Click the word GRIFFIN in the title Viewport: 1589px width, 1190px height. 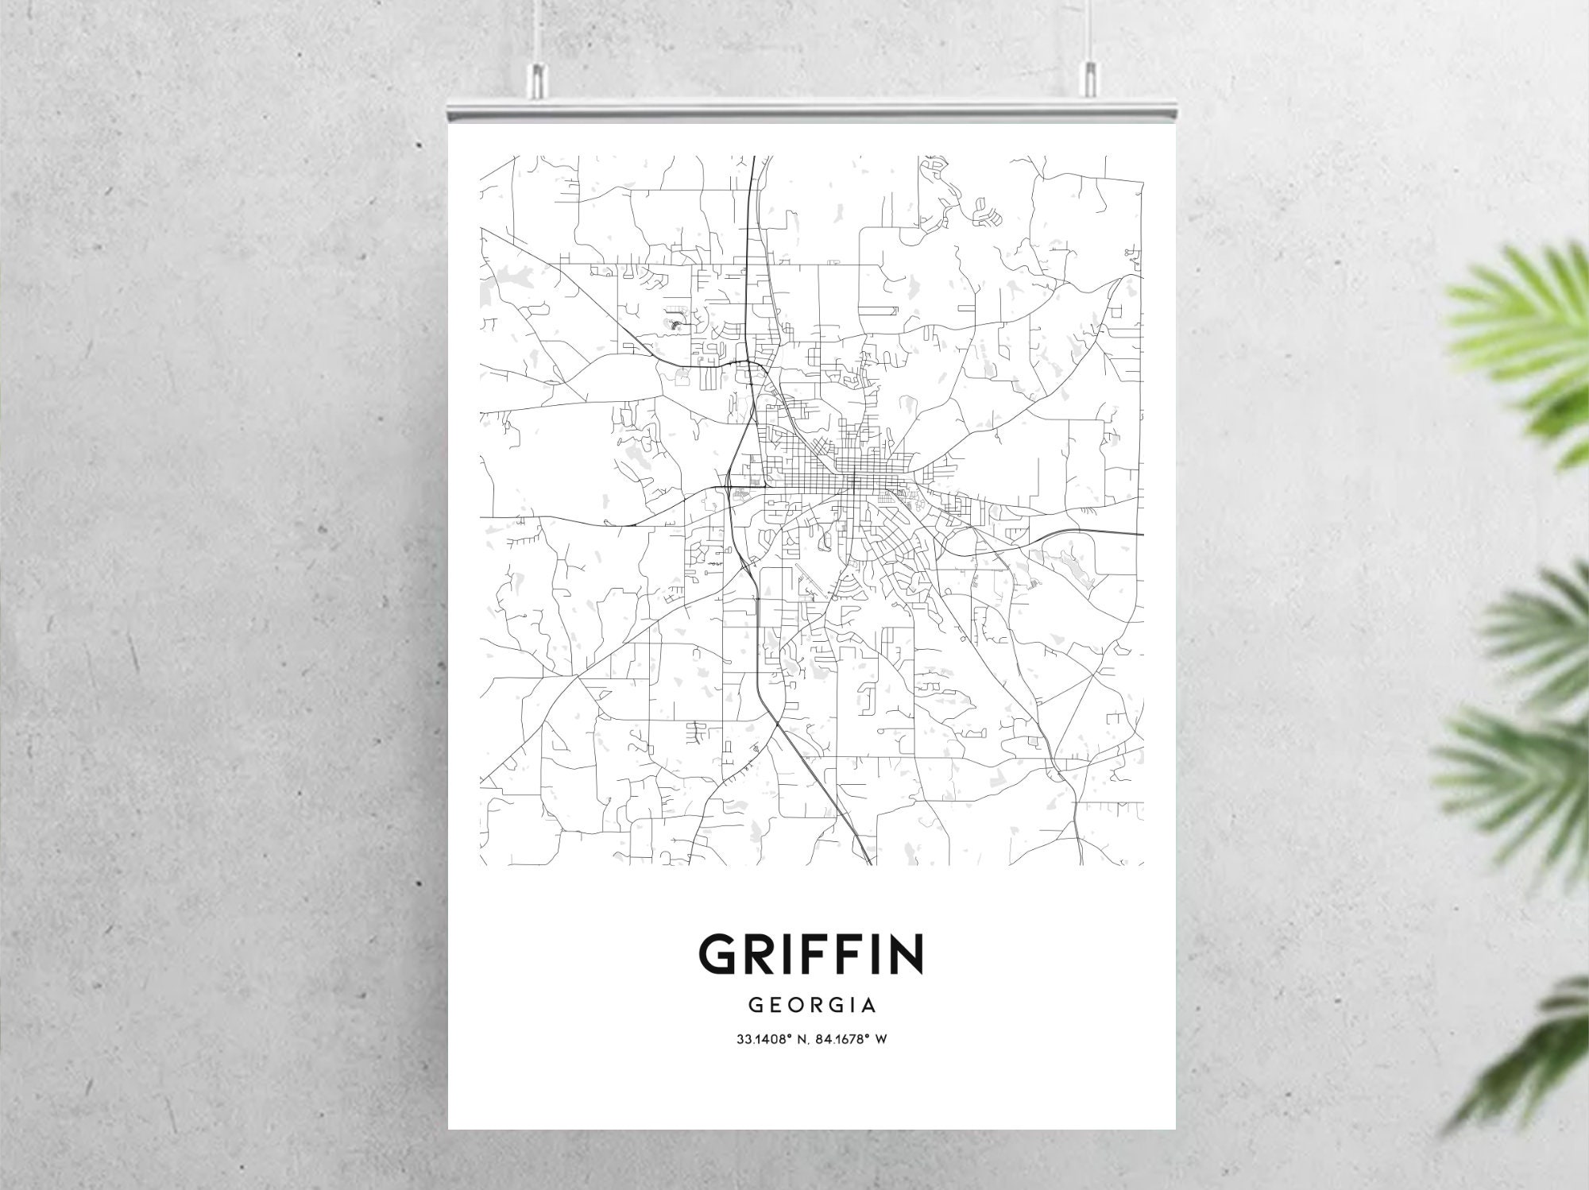coord(810,953)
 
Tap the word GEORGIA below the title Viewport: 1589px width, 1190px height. coord(812,1006)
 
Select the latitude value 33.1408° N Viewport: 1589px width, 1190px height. coord(771,1039)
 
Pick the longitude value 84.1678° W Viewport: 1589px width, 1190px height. coord(851,1039)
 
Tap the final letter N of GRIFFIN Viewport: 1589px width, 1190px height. coord(906,953)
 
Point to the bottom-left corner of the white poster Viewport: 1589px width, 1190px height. coord(450,1128)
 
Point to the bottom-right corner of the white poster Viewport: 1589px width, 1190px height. coord(1174,1128)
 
